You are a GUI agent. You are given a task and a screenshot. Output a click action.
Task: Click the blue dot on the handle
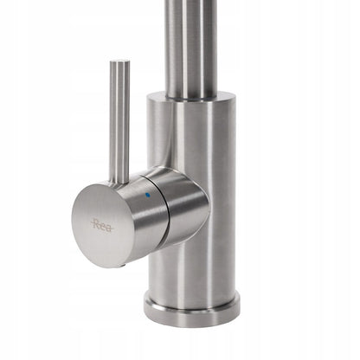point(148,195)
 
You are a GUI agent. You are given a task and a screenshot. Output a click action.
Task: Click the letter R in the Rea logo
point(96,223)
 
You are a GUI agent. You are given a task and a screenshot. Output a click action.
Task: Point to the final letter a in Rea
point(109,228)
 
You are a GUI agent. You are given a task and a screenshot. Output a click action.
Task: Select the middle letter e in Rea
point(103,226)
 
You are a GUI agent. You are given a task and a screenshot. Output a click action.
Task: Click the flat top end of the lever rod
point(119,61)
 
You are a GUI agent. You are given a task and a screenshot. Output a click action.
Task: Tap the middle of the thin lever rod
point(119,121)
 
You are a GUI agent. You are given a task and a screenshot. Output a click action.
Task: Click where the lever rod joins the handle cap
point(119,182)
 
